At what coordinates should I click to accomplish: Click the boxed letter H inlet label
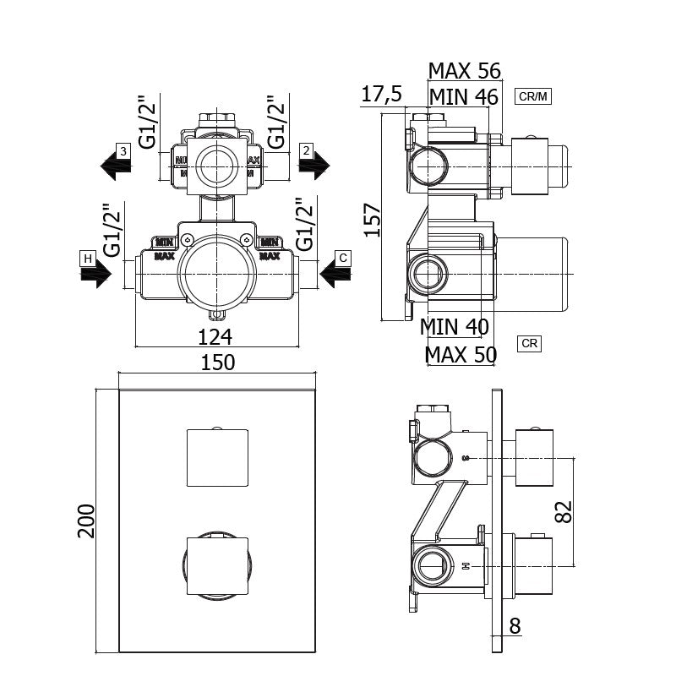click(x=87, y=257)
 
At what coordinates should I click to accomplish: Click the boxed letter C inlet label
click(x=342, y=257)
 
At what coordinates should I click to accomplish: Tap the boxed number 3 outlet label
click(x=123, y=150)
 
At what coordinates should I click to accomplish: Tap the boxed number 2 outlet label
click(x=308, y=150)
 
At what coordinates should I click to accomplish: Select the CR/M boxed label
click(x=532, y=96)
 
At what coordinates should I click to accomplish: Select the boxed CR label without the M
click(x=530, y=344)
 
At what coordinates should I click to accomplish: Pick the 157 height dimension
click(x=373, y=218)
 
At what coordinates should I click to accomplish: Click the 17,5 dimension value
click(x=382, y=94)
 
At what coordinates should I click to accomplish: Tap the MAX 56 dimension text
click(x=465, y=70)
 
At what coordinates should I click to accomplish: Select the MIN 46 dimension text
click(x=463, y=96)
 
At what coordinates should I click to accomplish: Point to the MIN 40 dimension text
click(x=455, y=325)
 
